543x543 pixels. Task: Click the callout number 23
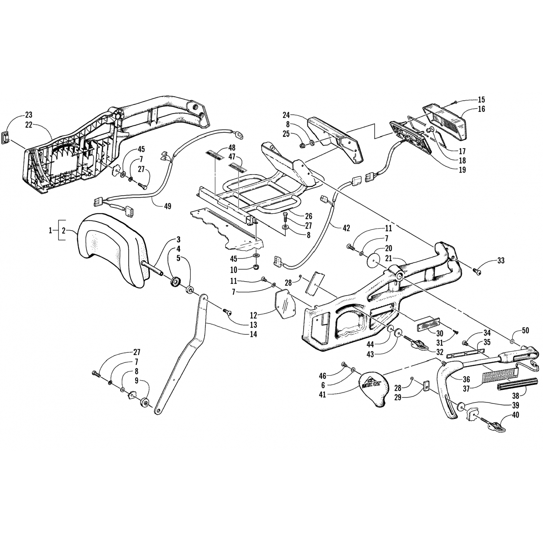29,115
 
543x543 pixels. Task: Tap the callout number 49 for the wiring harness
167,206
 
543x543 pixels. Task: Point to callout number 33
501,261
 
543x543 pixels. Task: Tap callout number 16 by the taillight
481,109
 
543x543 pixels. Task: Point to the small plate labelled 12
286,304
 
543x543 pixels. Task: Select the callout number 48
242,147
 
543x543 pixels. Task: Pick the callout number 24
286,115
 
